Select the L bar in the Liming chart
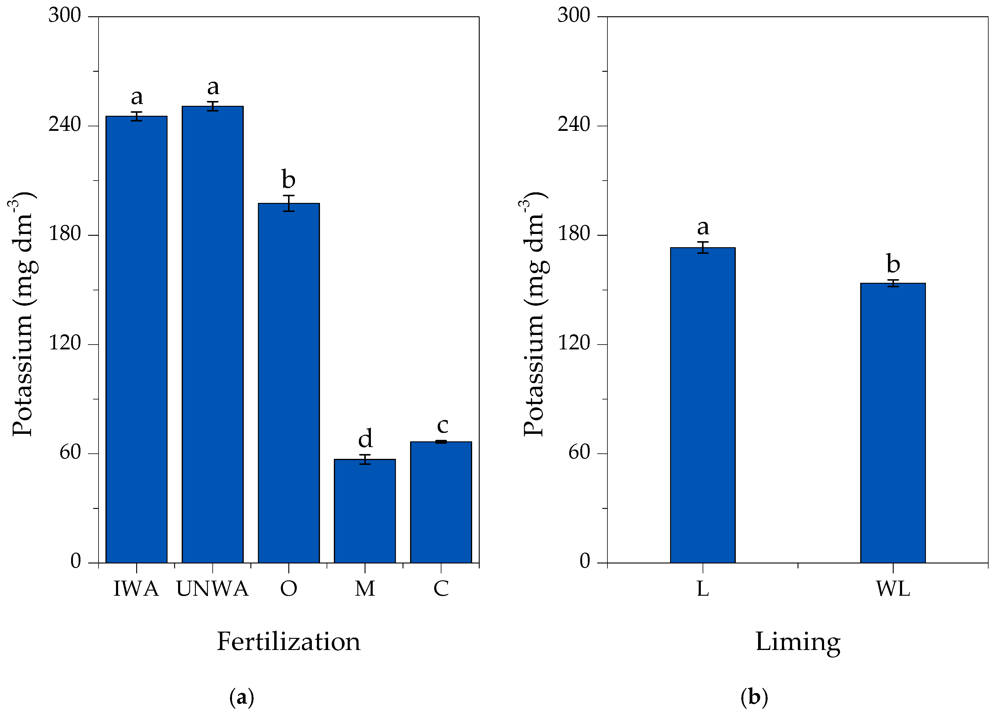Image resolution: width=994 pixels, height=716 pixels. tap(703, 405)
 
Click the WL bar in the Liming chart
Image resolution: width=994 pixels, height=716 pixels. tap(893, 423)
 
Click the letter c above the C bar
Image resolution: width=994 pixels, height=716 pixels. tap(442, 425)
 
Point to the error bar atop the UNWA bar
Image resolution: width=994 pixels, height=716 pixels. tap(212, 106)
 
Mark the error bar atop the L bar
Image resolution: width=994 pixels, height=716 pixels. tap(703, 247)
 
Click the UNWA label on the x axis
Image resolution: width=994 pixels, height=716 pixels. tap(212, 589)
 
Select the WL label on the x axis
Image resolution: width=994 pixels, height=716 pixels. tap(893, 589)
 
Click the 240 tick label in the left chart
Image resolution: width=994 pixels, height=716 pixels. tap(65, 125)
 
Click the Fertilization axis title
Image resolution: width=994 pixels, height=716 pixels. tap(288, 642)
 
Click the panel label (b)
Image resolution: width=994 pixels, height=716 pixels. tap(754, 697)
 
